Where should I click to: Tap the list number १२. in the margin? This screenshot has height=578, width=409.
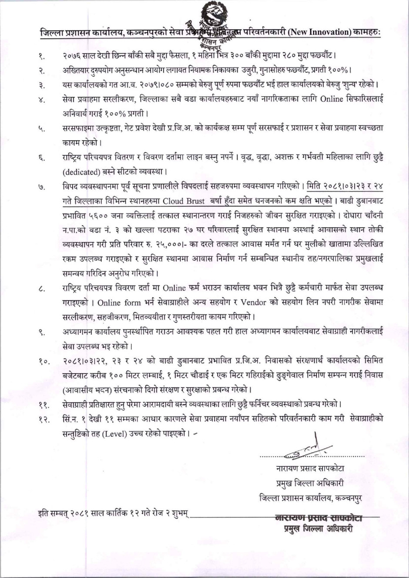tap(43, 419)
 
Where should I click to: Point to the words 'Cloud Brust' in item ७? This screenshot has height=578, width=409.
tap(184, 201)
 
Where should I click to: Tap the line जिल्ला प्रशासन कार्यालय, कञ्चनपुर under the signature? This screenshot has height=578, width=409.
tap(310, 497)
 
